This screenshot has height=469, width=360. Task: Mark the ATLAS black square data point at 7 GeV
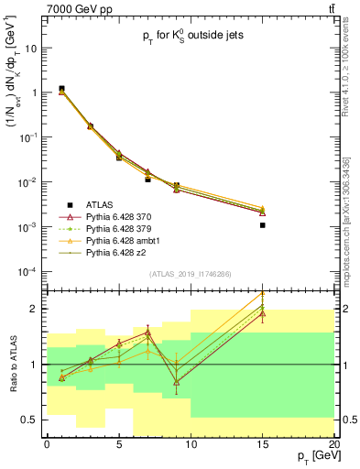pyautogui.click(x=147, y=180)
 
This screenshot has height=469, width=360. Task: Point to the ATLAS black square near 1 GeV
pyautogui.click(x=61, y=89)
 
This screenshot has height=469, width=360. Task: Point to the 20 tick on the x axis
pyautogui.click(x=334, y=444)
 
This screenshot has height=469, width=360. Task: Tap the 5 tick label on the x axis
pyautogui.click(x=119, y=444)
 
